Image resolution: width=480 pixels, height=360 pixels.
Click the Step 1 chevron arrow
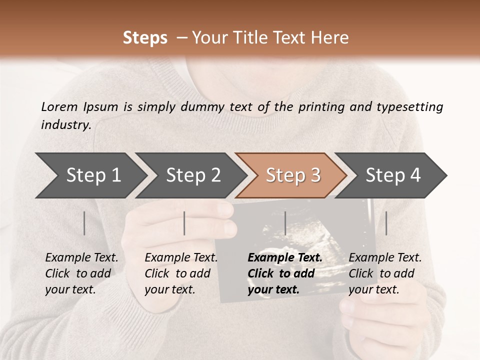[x=93, y=175]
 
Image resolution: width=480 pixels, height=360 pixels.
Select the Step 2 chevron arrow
[x=193, y=175]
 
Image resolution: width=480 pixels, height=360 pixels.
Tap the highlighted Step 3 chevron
[x=293, y=175]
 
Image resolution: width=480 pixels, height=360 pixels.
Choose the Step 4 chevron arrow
[x=393, y=175]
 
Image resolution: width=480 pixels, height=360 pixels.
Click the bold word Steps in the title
[x=145, y=38]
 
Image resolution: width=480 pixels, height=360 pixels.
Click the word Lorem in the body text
[x=59, y=107]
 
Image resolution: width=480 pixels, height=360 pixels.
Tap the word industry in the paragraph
[x=65, y=125]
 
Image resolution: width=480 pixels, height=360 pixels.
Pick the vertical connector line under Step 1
[x=84, y=223]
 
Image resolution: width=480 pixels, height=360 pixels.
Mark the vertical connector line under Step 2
[x=184, y=223]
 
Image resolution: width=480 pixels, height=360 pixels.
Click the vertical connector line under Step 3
[x=285, y=223]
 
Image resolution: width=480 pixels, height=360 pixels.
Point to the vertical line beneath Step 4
[x=386, y=223]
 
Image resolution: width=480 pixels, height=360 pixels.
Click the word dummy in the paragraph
[x=204, y=107]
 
